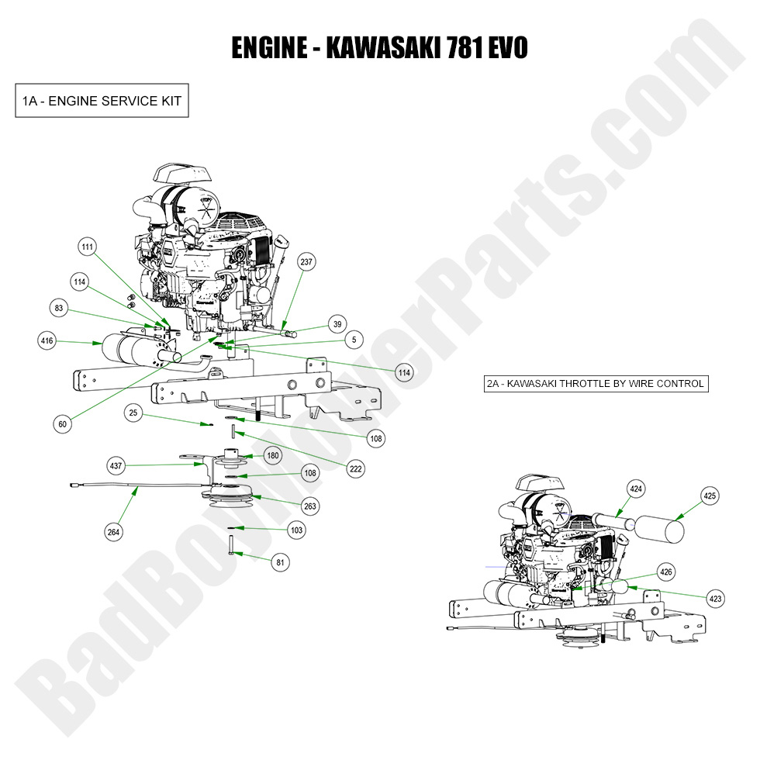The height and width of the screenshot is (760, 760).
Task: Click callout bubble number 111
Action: point(88,247)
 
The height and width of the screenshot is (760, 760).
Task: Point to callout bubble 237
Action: point(306,262)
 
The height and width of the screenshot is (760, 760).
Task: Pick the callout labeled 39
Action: point(337,324)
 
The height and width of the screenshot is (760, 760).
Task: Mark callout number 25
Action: point(133,415)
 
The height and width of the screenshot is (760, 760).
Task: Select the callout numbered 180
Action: point(273,455)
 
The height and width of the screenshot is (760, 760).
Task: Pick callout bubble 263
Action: point(310,506)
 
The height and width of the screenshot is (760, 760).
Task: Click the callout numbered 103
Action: point(295,530)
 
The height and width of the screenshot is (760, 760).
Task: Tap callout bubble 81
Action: point(280,562)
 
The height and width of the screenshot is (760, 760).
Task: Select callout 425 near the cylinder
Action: point(710,495)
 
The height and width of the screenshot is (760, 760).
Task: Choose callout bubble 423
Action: point(715,598)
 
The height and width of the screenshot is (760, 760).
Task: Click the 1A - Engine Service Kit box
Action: point(102,101)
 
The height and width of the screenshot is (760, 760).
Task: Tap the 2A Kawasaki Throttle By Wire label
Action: point(596,383)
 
